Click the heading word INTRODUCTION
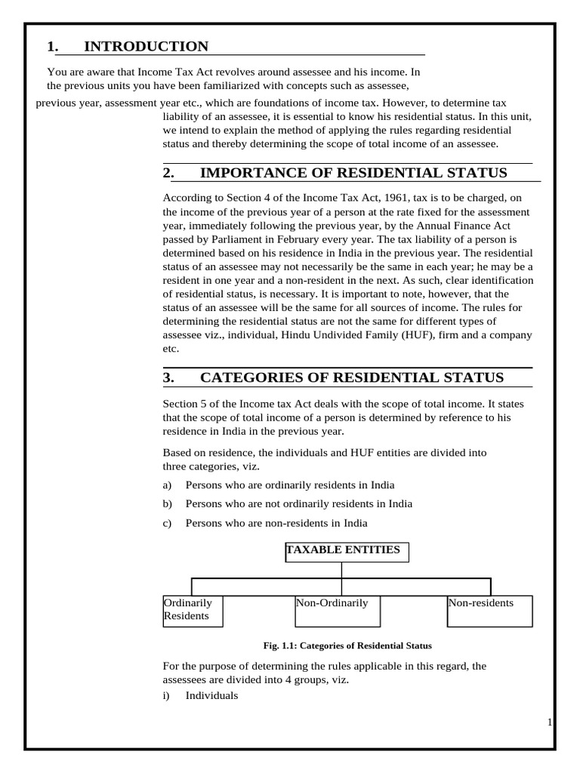(x=146, y=47)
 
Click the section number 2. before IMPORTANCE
(x=168, y=173)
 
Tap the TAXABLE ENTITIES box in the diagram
(x=347, y=552)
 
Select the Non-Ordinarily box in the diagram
(x=337, y=611)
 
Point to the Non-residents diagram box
(x=489, y=611)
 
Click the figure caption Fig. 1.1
(x=347, y=646)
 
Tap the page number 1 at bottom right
(x=550, y=723)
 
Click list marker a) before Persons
(x=168, y=485)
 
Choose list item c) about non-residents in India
(x=276, y=522)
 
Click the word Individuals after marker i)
(x=211, y=695)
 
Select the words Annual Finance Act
(x=467, y=226)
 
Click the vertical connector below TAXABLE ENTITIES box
(x=342, y=571)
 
